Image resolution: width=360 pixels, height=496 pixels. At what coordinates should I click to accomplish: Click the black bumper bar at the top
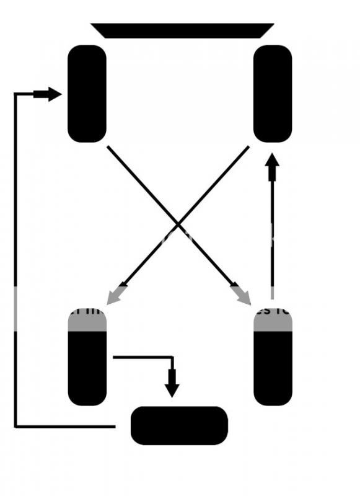pyautogui.click(x=182, y=30)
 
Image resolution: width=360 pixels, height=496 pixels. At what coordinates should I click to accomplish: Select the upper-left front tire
pyautogui.click(x=87, y=94)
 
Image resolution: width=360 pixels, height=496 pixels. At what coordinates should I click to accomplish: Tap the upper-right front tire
pyautogui.click(x=273, y=94)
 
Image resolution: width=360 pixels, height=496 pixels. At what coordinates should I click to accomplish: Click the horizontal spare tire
pyautogui.click(x=179, y=425)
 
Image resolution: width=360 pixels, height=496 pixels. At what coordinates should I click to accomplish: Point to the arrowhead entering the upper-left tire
pyautogui.click(x=55, y=94)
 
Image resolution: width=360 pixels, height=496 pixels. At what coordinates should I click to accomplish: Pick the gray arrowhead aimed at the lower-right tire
pyautogui.click(x=244, y=297)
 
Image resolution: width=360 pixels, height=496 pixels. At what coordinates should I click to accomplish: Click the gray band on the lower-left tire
pyautogui.click(x=87, y=319)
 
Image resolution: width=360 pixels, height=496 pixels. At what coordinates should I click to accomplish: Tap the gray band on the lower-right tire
pyautogui.click(x=273, y=319)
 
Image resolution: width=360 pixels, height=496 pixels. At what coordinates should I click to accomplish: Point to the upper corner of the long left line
pyautogui.click(x=15, y=94)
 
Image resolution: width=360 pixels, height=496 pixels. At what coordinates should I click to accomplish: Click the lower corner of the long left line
pyautogui.click(x=15, y=427)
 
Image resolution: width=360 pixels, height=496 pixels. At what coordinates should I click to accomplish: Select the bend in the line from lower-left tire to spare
pyautogui.click(x=172, y=357)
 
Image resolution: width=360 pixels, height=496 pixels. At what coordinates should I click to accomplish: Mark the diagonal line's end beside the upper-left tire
pyautogui.click(x=108, y=148)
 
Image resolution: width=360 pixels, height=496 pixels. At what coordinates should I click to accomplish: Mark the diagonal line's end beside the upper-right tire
pyautogui.click(x=248, y=148)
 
